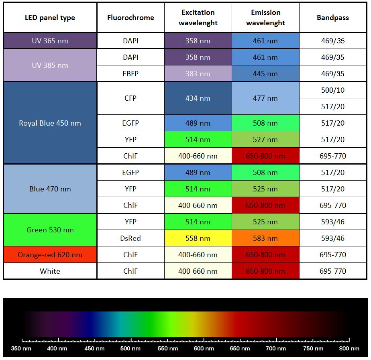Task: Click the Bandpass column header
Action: tap(332, 18)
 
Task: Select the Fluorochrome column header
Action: tap(130, 18)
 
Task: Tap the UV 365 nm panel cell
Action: tap(50, 41)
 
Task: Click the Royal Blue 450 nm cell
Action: tap(50, 123)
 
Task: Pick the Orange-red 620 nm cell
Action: tap(50, 255)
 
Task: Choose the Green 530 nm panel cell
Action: tap(50, 230)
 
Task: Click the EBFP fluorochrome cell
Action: tap(130, 74)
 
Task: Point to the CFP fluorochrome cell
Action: tap(130, 98)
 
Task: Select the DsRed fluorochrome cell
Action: tap(130, 238)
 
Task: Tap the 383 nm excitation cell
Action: tap(198, 74)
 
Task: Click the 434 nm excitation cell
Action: tap(198, 98)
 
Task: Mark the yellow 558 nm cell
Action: tap(198, 238)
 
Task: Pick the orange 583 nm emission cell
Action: tap(265, 238)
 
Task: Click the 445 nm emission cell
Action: tap(265, 74)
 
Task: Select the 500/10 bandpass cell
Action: tap(332, 90)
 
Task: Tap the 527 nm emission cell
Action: tap(265, 140)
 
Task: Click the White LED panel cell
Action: tap(50, 271)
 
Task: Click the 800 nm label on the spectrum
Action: tap(349, 348)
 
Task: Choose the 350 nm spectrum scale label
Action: tap(21, 348)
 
